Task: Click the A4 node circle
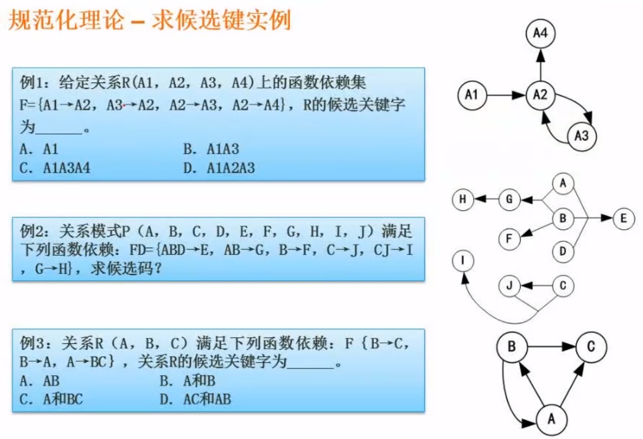(540, 34)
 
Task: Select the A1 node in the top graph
(472, 95)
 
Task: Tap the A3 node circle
(581, 136)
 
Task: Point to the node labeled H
(462, 200)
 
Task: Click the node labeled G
(509, 200)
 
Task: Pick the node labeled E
(624, 219)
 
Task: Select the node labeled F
(509, 238)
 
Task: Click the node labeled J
(509, 286)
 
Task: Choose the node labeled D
(563, 252)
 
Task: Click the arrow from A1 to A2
(506, 95)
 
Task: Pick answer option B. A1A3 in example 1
(211, 149)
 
